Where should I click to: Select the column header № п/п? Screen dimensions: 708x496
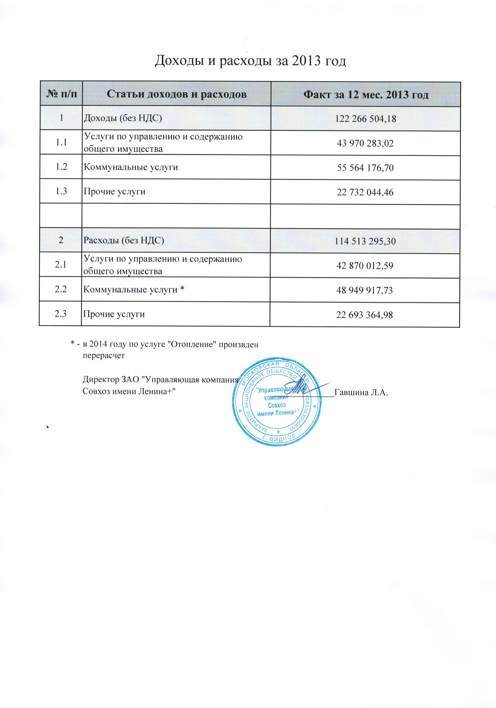(x=62, y=94)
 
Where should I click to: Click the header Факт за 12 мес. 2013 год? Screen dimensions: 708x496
(x=366, y=94)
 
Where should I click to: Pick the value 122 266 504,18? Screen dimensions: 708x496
(x=366, y=119)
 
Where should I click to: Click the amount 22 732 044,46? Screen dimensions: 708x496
(x=365, y=192)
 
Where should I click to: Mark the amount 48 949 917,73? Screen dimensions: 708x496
(x=365, y=290)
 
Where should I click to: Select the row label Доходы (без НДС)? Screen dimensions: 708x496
(x=123, y=118)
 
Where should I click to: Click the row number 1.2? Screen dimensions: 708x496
(x=61, y=167)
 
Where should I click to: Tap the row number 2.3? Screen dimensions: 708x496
(x=61, y=314)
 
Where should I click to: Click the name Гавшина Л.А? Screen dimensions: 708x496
(x=361, y=393)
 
